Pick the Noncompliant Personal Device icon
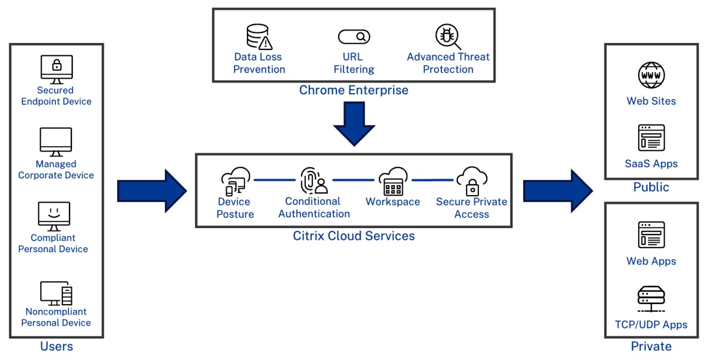[56, 293]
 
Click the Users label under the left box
[56, 346]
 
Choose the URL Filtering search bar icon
[353, 37]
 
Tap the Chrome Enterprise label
[353, 90]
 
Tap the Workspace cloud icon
[393, 181]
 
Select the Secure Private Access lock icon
[471, 181]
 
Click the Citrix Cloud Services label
[353, 236]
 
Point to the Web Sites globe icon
[651, 75]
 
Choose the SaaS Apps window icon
[651, 138]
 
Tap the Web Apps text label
[651, 261]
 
